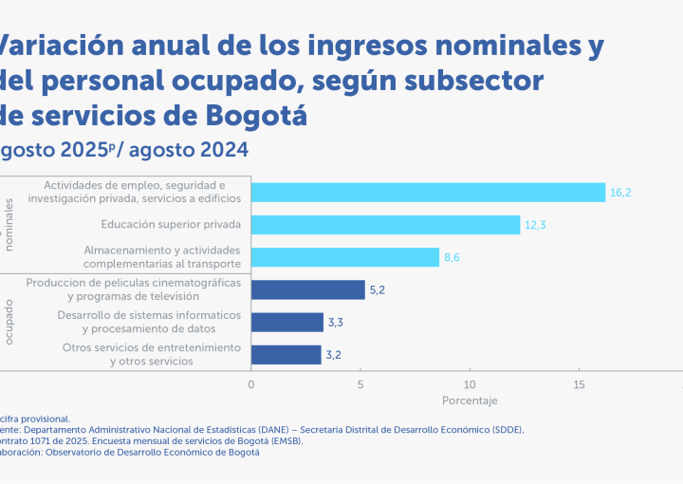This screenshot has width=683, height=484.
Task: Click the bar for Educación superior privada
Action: pyautogui.click(x=385, y=225)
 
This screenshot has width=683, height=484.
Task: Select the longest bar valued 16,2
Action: pyautogui.click(x=428, y=193)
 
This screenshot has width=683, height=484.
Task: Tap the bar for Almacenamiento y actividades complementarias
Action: pyautogui.click(x=345, y=257)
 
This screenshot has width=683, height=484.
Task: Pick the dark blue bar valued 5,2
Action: pyautogui.click(x=307, y=289)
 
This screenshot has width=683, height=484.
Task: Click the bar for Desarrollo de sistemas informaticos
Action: pyautogui.click(x=286, y=323)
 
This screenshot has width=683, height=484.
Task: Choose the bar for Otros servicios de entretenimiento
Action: pyautogui.click(x=286, y=355)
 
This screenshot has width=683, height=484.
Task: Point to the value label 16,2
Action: pyautogui.click(x=620, y=193)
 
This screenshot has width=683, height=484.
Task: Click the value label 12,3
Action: pyautogui.click(x=535, y=225)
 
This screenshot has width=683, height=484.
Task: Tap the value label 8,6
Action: pyautogui.click(x=454, y=257)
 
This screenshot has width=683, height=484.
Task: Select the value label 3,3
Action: pyautogui.click(x=336, y=323)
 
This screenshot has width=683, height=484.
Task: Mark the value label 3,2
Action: pyautogui.click(x=335, y=355)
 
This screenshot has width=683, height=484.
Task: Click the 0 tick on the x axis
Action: pyautogui.click(x=250, y=384)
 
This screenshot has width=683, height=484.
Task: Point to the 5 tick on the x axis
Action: pyautogui.click(x=360, y=384)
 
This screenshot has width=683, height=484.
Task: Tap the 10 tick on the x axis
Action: pyautogui.click(x=470, y=384)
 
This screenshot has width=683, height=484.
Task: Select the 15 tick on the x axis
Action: pyautogui.click(x=579, y=384)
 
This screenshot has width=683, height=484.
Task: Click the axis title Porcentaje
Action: pyautogui.click(x=470, y=400)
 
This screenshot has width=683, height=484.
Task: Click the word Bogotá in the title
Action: pyautogui.click(x=256, y=116)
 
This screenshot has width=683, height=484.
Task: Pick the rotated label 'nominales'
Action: pyautogui.click(x=10, y=225)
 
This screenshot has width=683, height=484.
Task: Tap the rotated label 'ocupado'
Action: pyautogui.click(x=10, y=323)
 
